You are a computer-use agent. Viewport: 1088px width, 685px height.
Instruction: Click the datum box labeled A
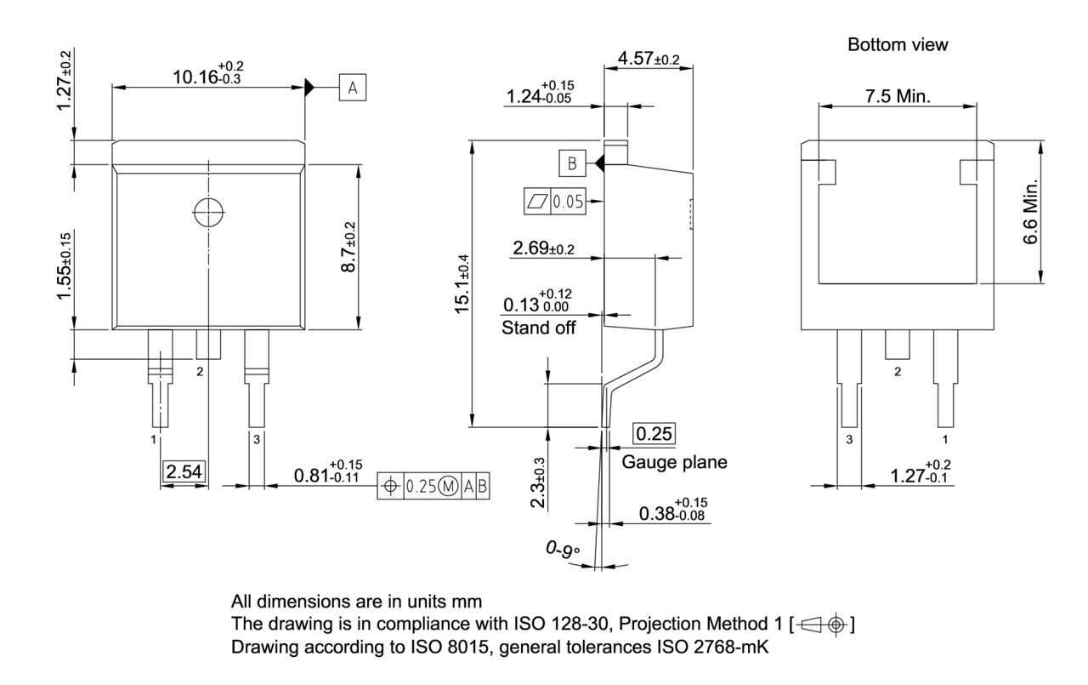pyautogui.click(x=353, y=87)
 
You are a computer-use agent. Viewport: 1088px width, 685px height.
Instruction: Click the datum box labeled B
pyautogui.click(x=572, y=162)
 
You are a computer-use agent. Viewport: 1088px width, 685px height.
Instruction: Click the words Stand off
pyautogui.click(x=539, y=327)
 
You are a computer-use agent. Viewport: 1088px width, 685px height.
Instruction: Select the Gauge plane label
pyautogui.click(x=674, y=462)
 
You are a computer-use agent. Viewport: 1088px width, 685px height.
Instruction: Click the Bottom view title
pyautogui.click(x=897, y=45)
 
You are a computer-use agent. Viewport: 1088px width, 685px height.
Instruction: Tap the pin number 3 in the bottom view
pyautogui.click(x=848, y=439)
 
